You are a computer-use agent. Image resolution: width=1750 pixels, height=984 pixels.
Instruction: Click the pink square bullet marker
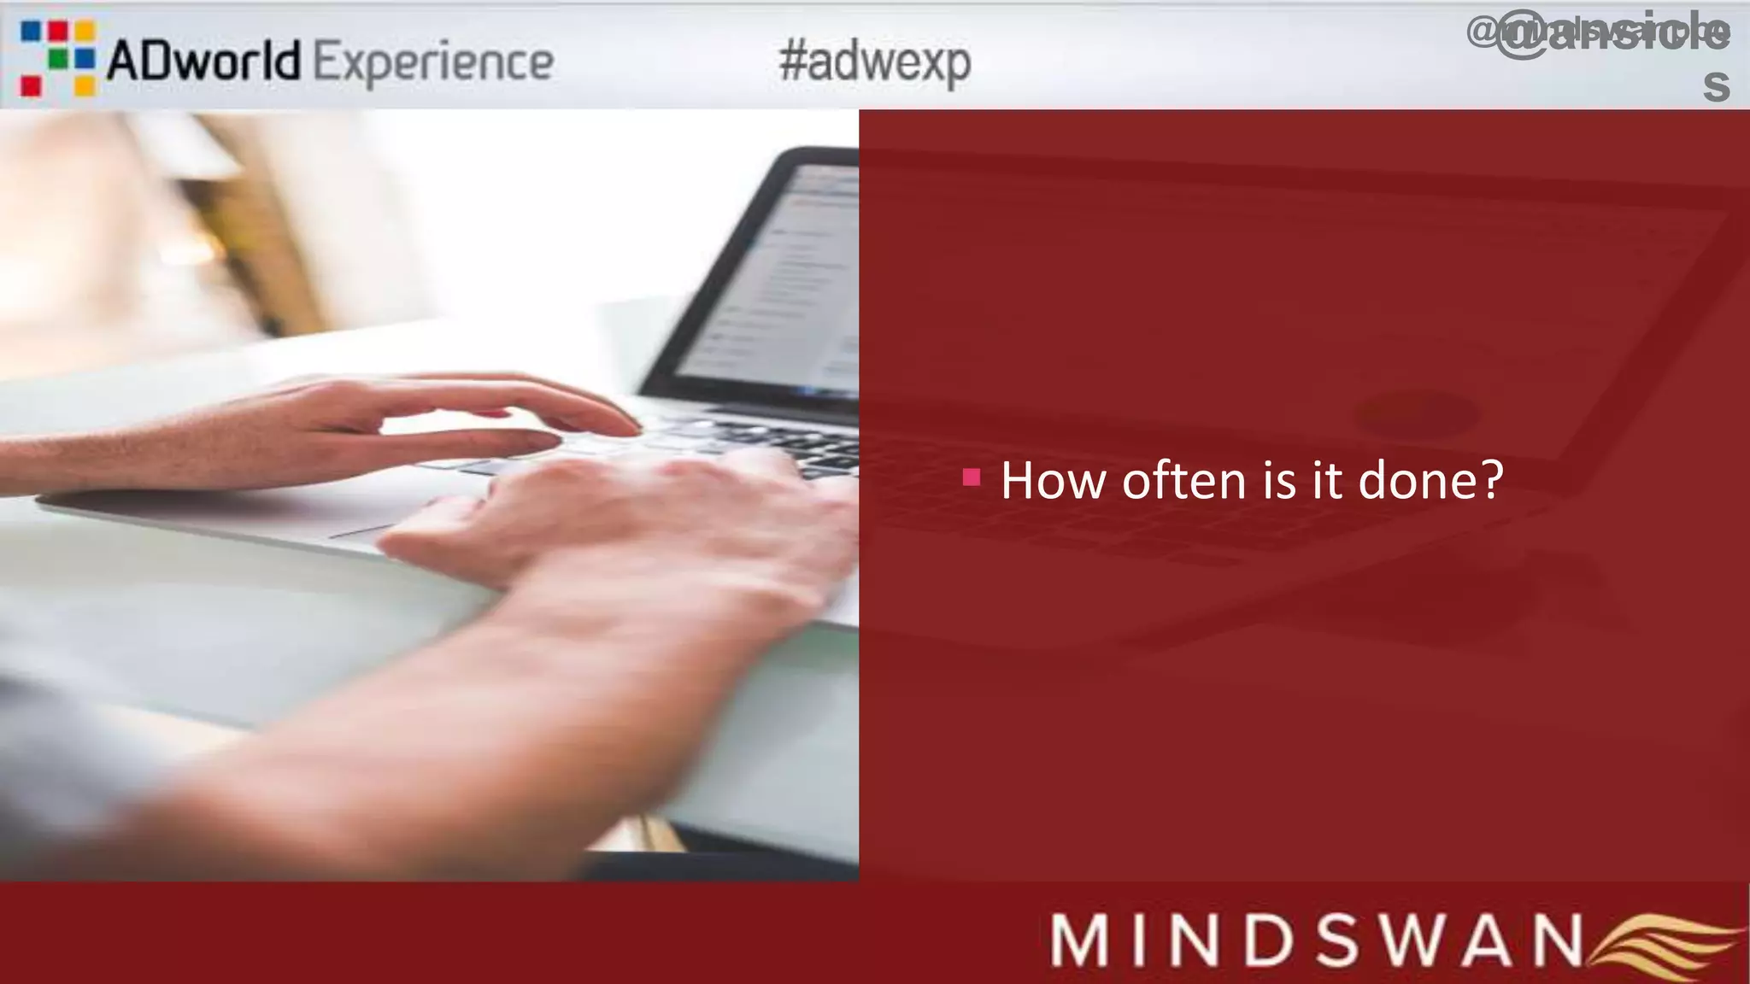point(972,477)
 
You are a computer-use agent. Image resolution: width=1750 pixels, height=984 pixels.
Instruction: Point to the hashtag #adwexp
point(875,61)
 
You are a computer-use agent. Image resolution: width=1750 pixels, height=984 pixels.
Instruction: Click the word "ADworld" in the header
point(203,61)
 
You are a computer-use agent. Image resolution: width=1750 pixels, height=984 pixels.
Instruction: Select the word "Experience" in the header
point(434,61)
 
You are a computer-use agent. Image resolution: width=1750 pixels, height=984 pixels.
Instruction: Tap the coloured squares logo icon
point(57,58)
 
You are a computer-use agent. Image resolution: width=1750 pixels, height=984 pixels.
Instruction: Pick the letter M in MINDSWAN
point(1083,940)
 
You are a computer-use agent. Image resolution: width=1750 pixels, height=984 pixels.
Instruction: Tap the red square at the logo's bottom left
point(31,85)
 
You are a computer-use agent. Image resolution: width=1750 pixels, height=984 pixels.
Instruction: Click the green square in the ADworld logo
point(58,58)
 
